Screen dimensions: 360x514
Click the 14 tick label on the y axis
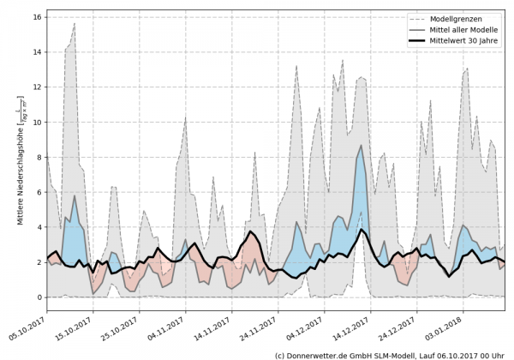(35, 51)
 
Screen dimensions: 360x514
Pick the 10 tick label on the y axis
(35, 122)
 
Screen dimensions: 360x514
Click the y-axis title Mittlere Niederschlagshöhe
(18, 171)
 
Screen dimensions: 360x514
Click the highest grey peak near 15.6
(75, 24)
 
